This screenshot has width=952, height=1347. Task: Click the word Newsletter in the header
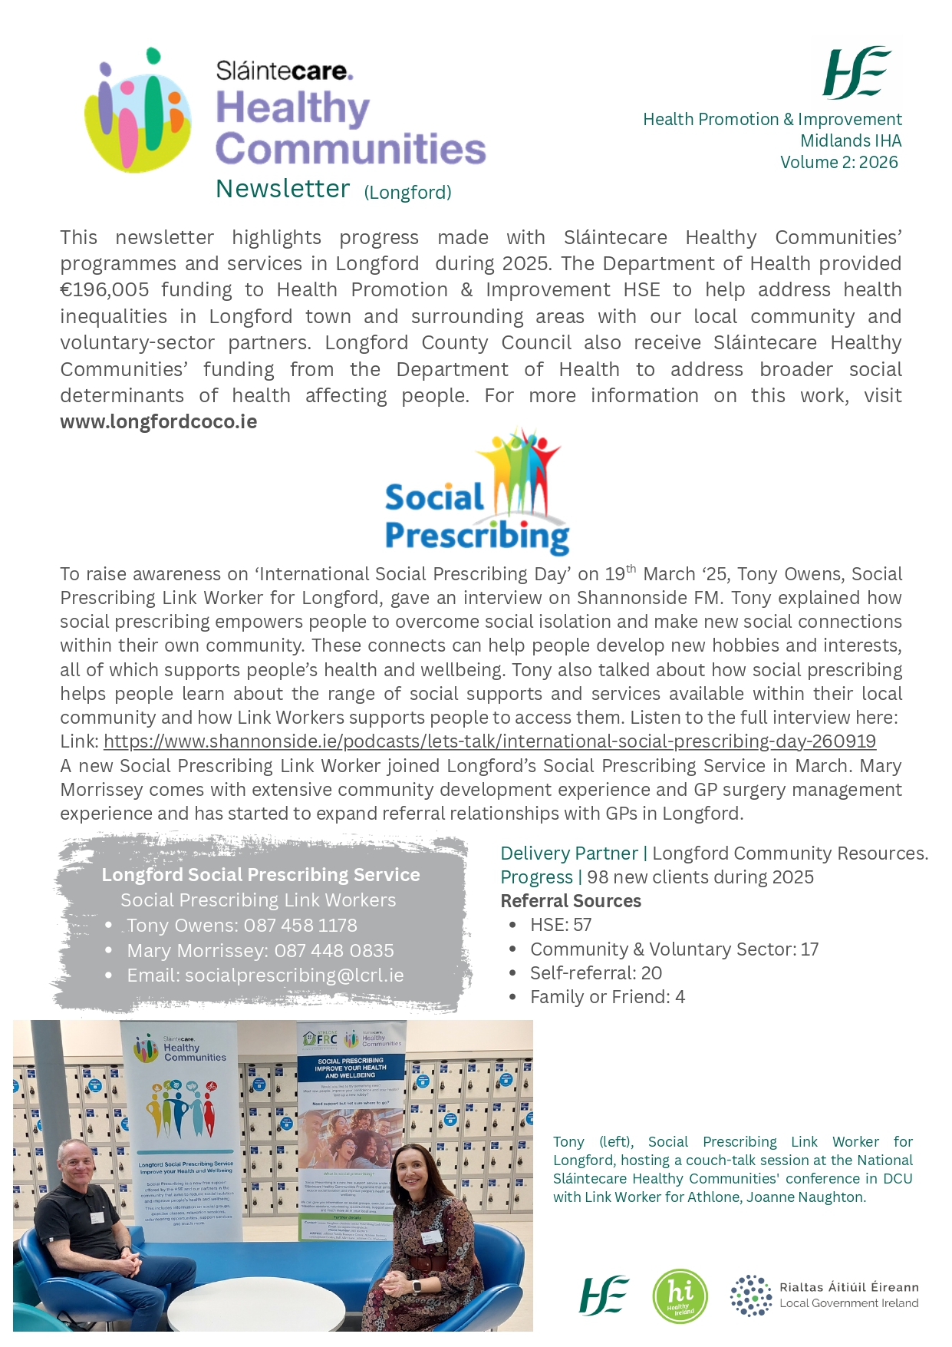282,189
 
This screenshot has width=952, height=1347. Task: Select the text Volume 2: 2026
838,163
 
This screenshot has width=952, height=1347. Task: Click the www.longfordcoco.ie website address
159,422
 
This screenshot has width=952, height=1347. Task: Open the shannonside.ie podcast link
489,741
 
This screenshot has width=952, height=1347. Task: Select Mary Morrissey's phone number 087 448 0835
334,951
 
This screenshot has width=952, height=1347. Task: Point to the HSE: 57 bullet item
561,925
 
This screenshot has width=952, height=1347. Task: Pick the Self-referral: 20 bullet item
596,973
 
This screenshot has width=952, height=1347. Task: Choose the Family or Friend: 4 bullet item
608,997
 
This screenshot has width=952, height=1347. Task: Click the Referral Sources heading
571,901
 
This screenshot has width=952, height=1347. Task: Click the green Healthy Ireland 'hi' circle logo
680,1296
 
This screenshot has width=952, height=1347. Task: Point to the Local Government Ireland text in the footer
848,1303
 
